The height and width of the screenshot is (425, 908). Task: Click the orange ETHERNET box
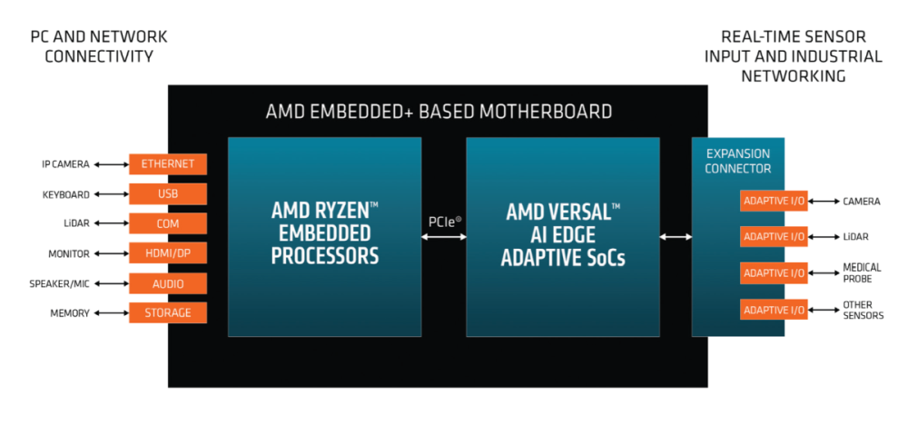click(168, 164)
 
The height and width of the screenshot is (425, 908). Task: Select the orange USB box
click(168, 194)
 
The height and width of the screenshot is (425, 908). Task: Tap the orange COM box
click(168, 223)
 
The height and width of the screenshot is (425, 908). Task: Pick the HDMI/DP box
click(168, 253)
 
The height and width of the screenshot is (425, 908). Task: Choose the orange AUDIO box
click(168, 283)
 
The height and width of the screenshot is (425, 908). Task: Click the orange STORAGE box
click(168, 313)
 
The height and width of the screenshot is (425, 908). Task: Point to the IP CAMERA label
click(65, 164)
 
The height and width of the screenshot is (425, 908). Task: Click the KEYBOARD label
click(65, 194)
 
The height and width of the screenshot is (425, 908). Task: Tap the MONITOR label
click(69, 253)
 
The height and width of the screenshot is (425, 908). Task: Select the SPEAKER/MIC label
click(60, 283)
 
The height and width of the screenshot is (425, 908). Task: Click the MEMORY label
click(69, 313)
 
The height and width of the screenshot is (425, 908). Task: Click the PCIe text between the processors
click(443, 221)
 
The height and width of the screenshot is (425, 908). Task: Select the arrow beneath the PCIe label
click(443, 238)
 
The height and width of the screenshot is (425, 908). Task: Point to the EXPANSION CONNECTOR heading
click(738, 161)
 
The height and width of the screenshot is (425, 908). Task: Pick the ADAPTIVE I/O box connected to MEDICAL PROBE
click(774, 272)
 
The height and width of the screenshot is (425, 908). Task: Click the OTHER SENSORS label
click(864, 310)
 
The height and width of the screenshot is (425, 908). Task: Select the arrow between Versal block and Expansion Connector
click(676, 238)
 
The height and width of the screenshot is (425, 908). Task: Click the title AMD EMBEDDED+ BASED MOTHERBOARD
click(439, 112)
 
